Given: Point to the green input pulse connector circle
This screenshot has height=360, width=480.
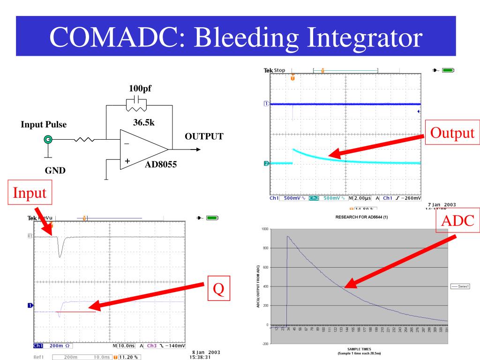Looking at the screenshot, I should pos(47,139).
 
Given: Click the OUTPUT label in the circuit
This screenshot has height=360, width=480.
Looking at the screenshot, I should pos(203,136).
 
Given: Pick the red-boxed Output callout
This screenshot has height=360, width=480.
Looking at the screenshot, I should pos(452,133).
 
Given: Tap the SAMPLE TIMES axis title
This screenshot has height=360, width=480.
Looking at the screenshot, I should pos(359,349).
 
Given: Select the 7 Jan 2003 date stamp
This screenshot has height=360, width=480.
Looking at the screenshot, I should pos(442,204).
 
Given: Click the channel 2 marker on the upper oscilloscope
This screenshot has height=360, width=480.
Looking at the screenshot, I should pos(266,163).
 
